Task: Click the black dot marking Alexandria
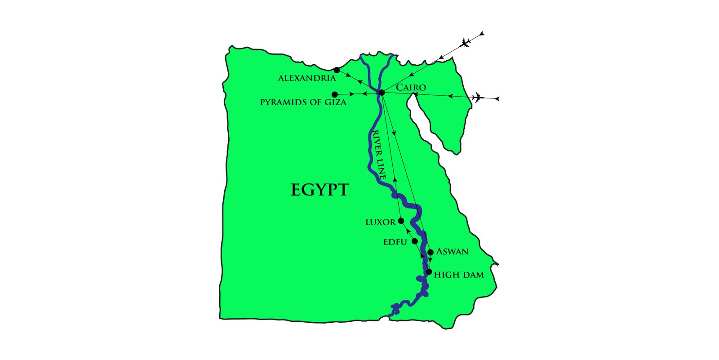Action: pos(337,70)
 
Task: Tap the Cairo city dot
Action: pos(382,93)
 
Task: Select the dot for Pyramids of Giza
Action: pos(334,94)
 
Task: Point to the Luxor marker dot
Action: pos(401,221)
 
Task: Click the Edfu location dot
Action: pos(415,241)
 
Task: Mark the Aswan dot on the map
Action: pos(431,252)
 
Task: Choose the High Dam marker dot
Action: pos(429,272)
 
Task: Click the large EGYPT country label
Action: pos(320,190)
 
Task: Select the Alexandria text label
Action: pos(307,79)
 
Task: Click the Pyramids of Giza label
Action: pos(303,102)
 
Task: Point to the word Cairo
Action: pos(411,87)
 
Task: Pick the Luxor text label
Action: pos(381,222)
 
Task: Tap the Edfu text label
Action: pos(395,242)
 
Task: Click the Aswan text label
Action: pos(452,252)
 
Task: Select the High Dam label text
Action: pos(459,275)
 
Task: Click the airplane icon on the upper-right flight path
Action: pos(466,43)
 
